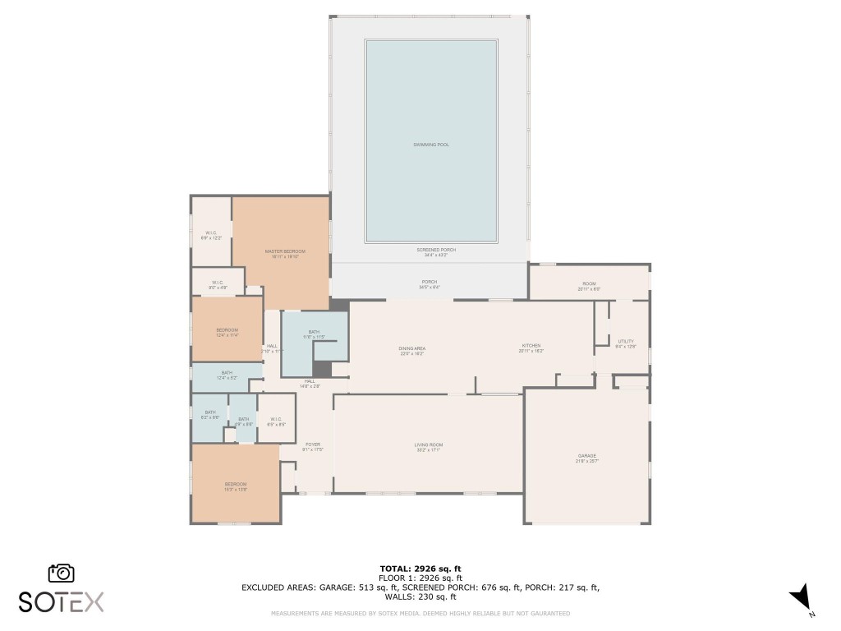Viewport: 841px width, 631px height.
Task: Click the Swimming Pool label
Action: [431, 145]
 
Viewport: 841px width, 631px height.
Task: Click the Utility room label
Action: [626, 343]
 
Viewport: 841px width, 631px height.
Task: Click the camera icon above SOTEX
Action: [62, 573]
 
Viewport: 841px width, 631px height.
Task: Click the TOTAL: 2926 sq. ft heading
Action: [420, 569]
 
